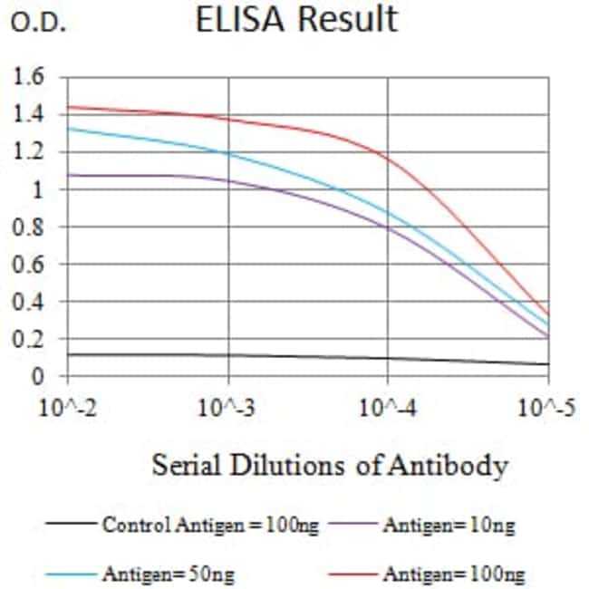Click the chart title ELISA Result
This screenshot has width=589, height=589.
click(x=296, y=20)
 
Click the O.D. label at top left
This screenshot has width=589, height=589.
click(x=39, y=24)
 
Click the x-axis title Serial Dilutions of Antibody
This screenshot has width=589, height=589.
click(x=329, y=466)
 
